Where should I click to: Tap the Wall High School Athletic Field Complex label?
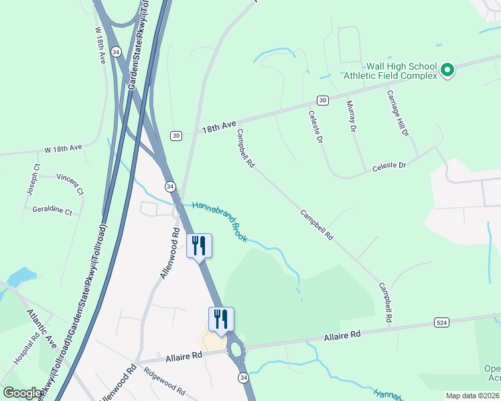(401, 71)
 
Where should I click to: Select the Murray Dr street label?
(351, 116)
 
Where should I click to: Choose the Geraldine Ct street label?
(52, 210)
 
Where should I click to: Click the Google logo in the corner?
(23, 392)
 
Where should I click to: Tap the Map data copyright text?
(472, 396)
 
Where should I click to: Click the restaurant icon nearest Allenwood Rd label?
(199, 245)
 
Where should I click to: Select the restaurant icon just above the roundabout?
(221, 319)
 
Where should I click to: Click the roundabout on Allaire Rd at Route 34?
(236, 348)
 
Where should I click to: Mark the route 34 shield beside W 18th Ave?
(117, 51)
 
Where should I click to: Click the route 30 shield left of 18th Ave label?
(175, 135)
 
